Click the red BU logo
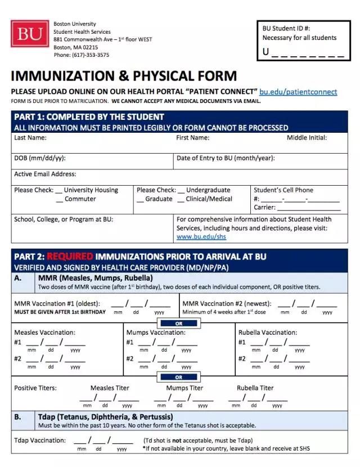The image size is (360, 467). click(29, 34)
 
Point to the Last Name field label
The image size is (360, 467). click(30, 138)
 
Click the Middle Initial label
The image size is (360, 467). click(307, 138)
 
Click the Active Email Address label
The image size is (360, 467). click(45, 174)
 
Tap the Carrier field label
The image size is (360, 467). click(265, 208)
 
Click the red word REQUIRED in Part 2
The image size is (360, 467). click(70, 257)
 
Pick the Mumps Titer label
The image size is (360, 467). click(184, 388)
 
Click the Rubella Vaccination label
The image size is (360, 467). click(268, 333)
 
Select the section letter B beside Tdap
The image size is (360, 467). click(18, 417)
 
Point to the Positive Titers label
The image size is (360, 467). click(35, 388)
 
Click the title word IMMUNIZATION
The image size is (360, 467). click(66, 76)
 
